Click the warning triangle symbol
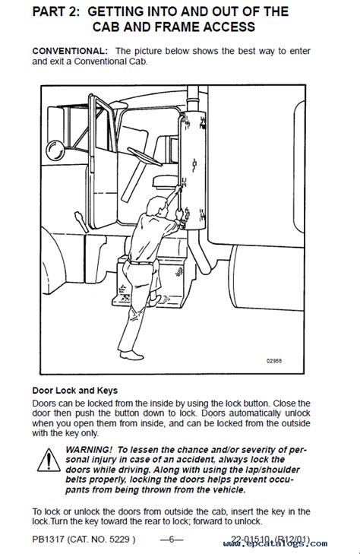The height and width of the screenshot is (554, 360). pyautogui.click(x=49, y=460)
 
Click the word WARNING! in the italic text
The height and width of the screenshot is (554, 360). pyautogui.click(x=89, y=450)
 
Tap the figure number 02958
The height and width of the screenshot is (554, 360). pyautogui.click(x=274, y=361)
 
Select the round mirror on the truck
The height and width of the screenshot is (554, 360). pyautogui.click(x=55, y=150)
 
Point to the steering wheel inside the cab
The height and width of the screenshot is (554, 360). pyautogui.click(x=144, y=157)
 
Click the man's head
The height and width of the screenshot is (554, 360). pyautogui.click(x=156, y=207)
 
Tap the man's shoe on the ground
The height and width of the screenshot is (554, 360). pyautogui.click(x=131, y=355)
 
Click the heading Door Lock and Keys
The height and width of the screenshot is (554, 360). pyautogui.click(x=75, y=391)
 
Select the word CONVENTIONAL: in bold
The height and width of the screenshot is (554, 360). pyautogui.click(x=70, y=51)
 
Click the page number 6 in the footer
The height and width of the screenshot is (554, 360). pyautogui.click(x=172, y=540)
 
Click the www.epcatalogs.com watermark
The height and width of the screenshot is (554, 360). pyautogui.click(x=275, y=544)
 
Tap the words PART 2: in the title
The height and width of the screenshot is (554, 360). pyautogui.click(x=57, y=11)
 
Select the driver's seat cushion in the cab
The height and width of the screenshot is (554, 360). pyautogui.click(x=166, y=182)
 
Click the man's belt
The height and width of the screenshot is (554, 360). pyautogui.click(x=140, y=262)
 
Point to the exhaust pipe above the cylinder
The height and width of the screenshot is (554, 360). pyautogui.click(x=194, y=98)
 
